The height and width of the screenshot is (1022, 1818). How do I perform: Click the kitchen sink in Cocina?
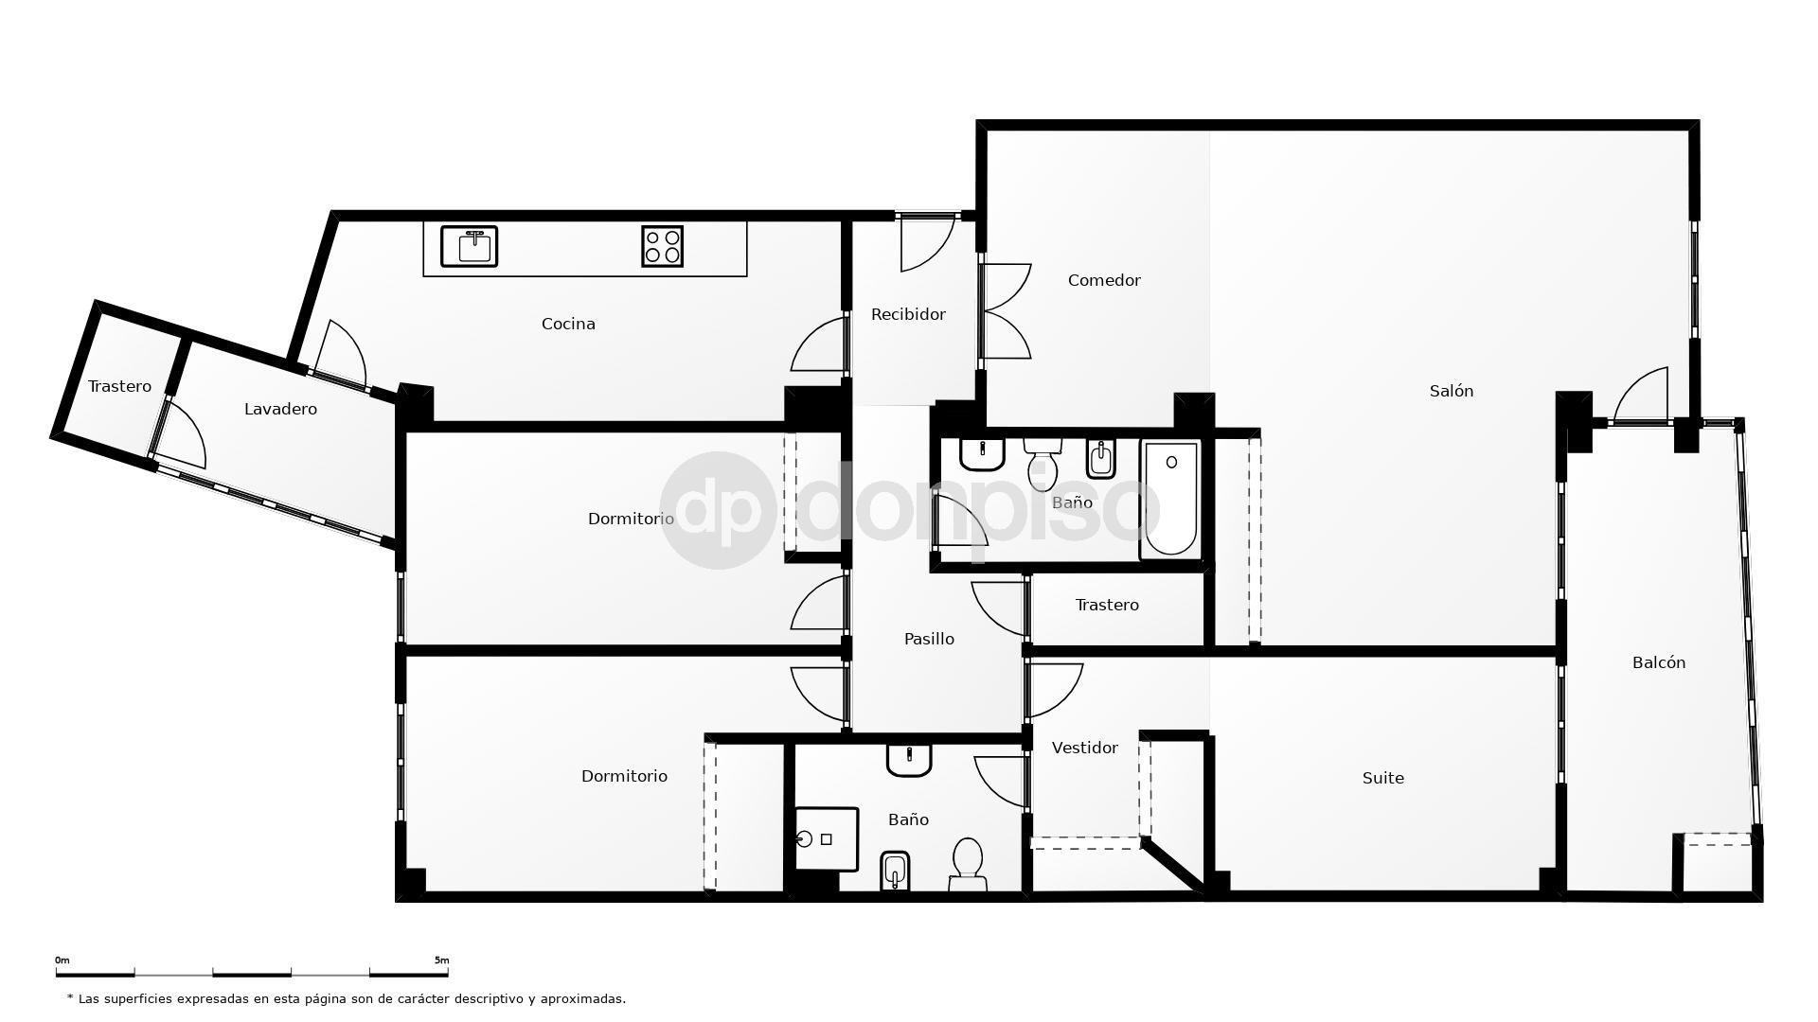(x=469, y=246)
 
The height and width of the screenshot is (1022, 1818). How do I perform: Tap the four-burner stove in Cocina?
(x=662, y=246)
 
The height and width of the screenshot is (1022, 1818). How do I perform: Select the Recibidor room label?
(x=908, y=314)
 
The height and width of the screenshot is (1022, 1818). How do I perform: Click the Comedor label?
(x=1104, y=280)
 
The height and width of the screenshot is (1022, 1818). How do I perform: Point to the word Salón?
(x=1451, y=391)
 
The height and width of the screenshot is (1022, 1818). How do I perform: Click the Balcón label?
(x=1658, y=662)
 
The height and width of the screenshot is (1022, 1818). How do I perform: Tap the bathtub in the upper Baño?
(x=1171, y=498)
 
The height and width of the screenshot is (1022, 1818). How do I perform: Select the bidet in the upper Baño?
(x=1100, y=459)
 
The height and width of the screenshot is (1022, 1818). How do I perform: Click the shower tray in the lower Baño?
(x=826, y=838)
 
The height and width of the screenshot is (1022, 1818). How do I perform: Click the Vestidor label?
(x=1084, y=748)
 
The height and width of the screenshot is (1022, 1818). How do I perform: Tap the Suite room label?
(x=1382, y=778)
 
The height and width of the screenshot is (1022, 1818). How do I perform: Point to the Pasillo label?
(x=929, y=639)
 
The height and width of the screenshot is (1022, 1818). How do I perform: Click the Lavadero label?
(x=280, y=409)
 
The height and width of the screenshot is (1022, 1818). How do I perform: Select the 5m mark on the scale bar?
(x=441, y=960)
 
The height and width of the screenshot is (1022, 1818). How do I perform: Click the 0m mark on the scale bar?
(x=62, y=960)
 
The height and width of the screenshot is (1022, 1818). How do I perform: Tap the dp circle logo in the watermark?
(x=718, y=510)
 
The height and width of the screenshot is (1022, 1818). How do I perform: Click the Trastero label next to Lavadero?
(x=119, y=386)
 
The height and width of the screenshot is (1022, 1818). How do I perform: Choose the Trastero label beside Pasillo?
(x=1107, y=605)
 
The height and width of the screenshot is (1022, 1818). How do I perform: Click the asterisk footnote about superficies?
(x=347, y=998)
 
